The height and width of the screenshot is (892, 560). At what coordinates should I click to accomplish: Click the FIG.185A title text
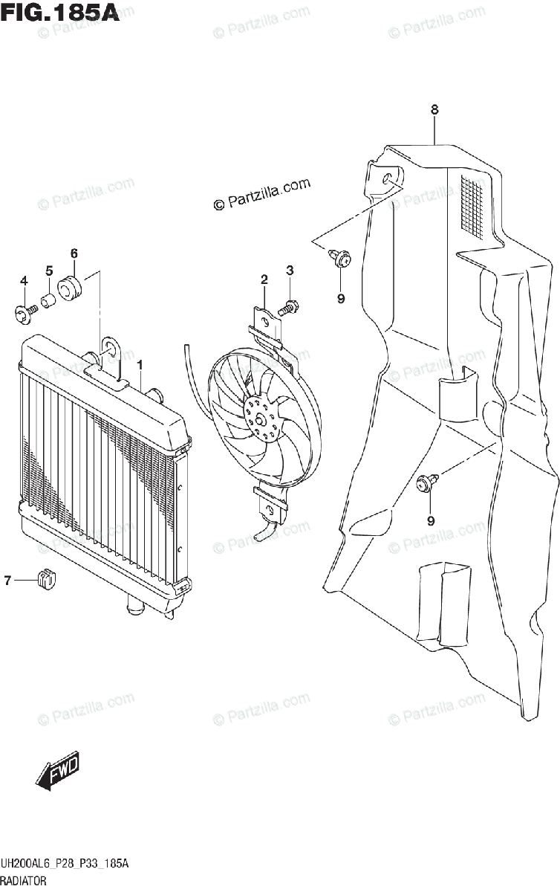(x=60, y=14)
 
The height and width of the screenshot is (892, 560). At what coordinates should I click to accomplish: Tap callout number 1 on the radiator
(x=140, y=364)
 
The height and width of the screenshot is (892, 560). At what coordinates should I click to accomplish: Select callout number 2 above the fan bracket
(x=264, y=280)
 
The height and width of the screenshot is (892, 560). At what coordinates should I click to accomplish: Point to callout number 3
(x=290, y=269)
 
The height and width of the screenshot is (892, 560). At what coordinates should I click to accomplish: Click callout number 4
(x=24, y=280)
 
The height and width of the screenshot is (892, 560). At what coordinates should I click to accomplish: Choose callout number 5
(x=49, y=271)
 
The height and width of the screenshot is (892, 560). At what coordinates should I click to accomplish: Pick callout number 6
(x=74, y=253)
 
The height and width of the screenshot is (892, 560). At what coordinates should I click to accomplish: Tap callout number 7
(x=8, y=581)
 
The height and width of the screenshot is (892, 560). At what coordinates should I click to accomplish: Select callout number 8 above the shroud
(x=434, y=110)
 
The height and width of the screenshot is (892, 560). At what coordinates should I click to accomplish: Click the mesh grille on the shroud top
(x=475, y=204)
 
